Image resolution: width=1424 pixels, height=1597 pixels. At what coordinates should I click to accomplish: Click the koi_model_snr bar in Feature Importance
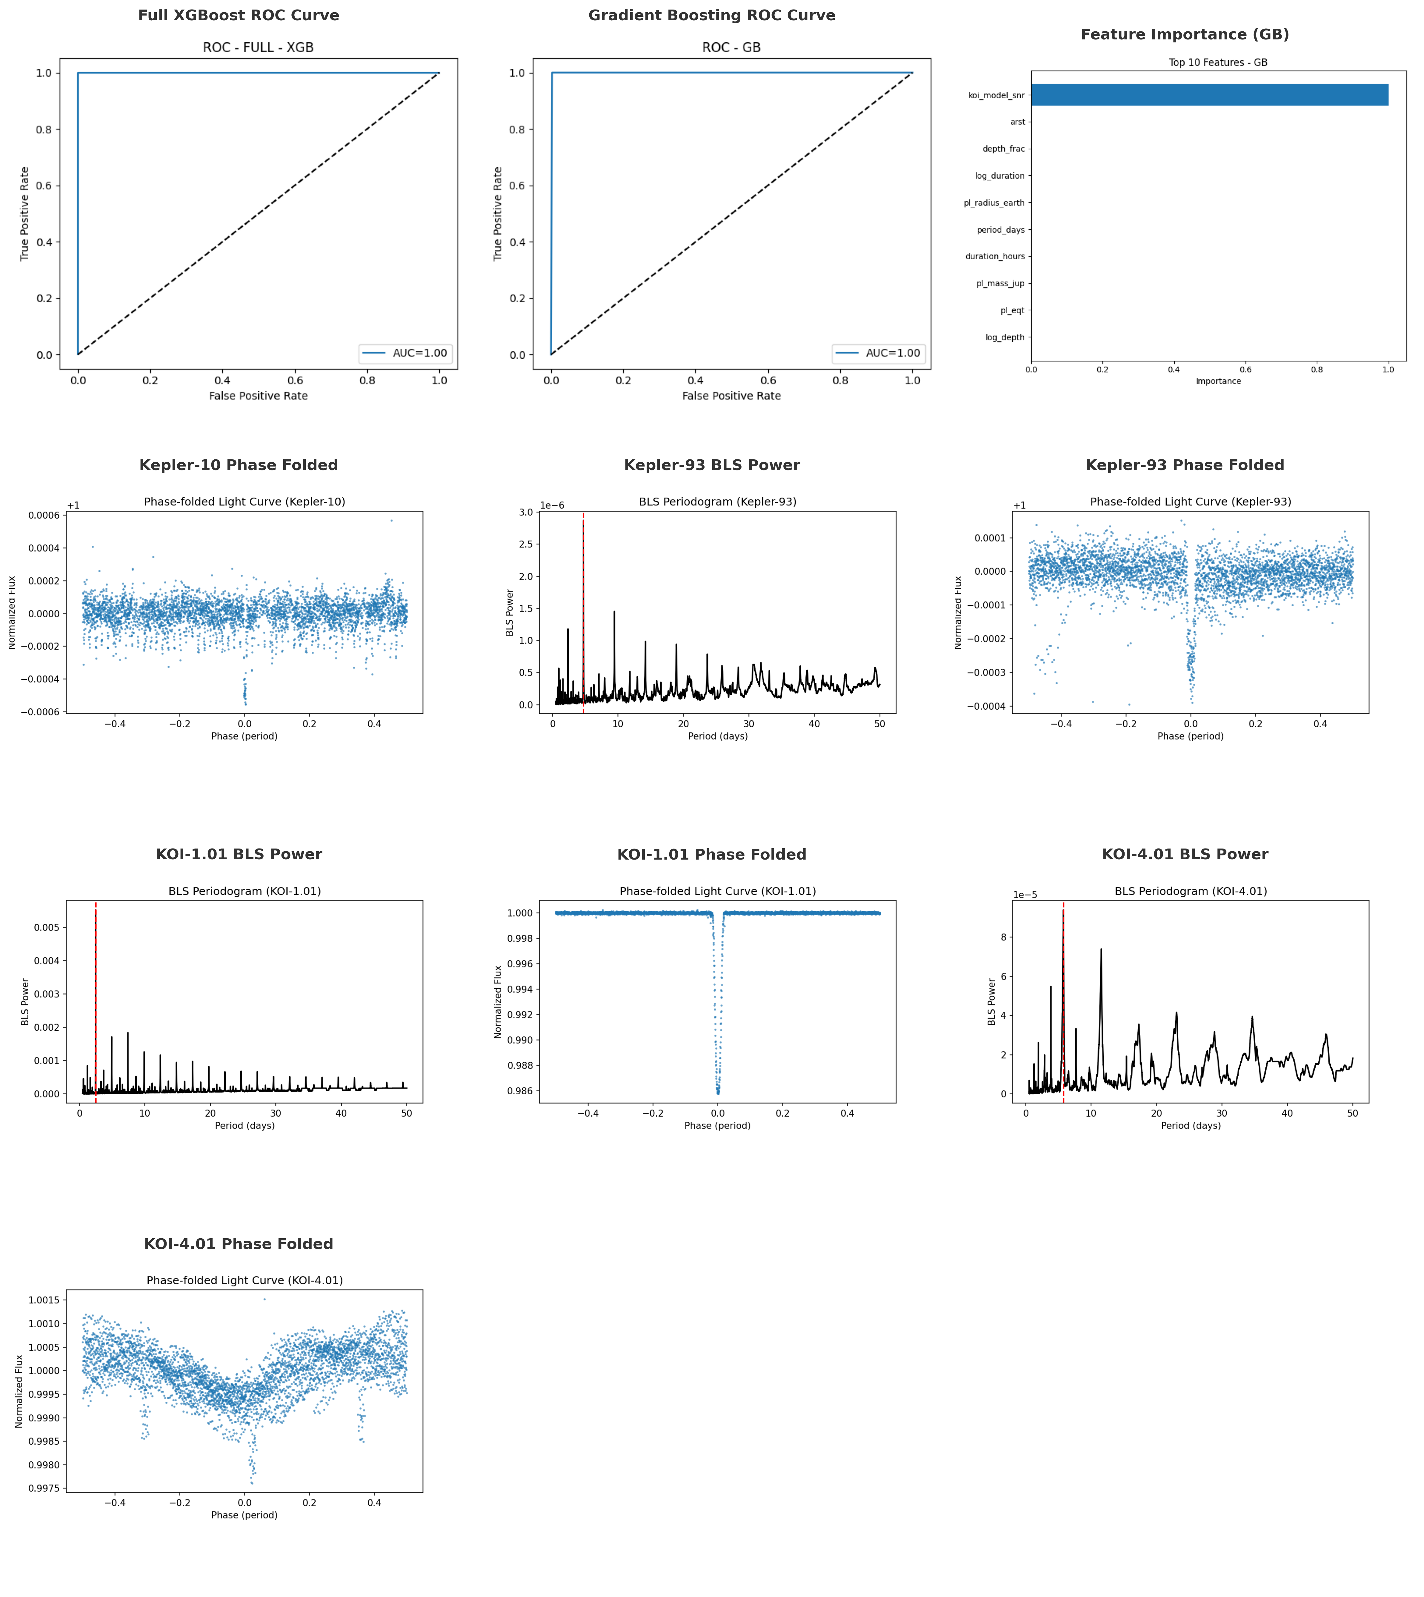click(1209, 95)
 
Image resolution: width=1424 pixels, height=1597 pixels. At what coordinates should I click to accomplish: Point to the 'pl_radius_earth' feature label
click(994, 203)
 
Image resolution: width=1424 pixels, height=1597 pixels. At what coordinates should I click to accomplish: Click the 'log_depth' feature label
click(1005, 337)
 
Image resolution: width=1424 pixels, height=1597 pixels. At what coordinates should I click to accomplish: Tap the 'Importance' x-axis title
click(1218, 381)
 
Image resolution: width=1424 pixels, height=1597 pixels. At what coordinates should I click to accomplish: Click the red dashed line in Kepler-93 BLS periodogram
click(584, 610)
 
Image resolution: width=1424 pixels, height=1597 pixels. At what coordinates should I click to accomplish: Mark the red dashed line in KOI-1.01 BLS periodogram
click(96, 1002)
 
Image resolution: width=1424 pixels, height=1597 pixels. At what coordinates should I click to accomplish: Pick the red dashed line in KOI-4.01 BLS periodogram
click(1063, 1002)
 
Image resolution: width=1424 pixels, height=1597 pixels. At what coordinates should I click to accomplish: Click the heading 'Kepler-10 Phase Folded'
click(239, 465)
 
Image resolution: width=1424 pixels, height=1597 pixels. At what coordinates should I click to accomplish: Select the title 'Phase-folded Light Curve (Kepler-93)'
click(1190, 502)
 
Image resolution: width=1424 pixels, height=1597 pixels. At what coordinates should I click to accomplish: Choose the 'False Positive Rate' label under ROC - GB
click(731, 396)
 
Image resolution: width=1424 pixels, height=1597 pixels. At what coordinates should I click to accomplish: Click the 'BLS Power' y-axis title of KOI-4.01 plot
click(992, 1002)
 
